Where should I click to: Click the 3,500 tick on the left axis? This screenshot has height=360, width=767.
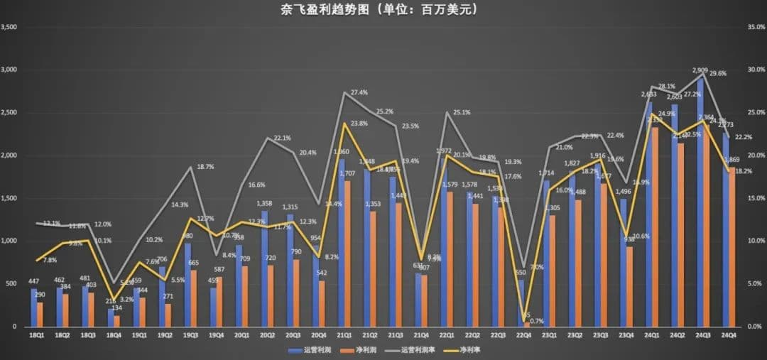(x=9, y=27)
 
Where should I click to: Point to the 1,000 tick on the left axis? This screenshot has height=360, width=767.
(x=9, y=241)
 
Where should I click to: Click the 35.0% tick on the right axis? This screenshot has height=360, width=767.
(x=754, y=27)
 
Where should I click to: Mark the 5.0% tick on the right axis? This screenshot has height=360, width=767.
(x=754, y=283)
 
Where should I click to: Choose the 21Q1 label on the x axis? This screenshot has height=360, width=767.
(x=344, y=335)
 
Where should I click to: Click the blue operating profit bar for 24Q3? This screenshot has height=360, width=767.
(x=700, y=202)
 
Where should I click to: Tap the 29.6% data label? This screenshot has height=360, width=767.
(x=717, y=73)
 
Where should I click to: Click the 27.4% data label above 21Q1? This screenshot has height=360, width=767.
(x=359, y=92)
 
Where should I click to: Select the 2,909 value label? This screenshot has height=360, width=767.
(x=700, y=70)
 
